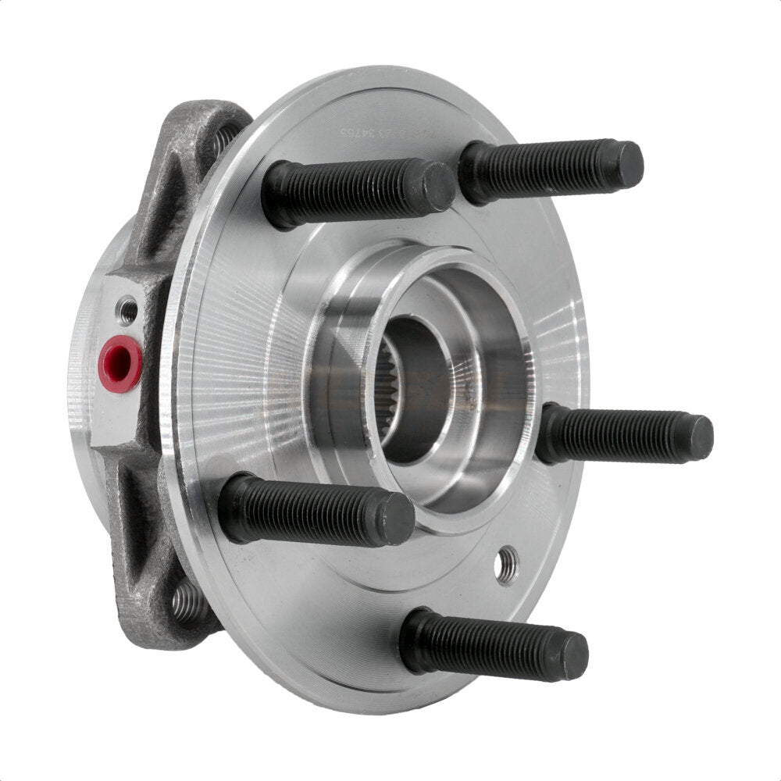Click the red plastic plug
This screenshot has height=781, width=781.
pyautogui.click(x=120, y=364)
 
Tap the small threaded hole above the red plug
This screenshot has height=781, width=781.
pyautogui.click(x=127, y=311)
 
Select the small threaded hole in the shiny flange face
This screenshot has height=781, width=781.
pyautogui.click(x=507, y=564)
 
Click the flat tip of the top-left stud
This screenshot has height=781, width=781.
pyautogui.click(x=440, y=187)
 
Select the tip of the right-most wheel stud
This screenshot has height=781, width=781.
pyautogui.click(x=700, y=437)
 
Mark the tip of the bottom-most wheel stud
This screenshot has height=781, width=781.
pyautogui.click(x=575, y=656)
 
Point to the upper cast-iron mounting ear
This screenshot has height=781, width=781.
pyautogui.click(x=187, y=172)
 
